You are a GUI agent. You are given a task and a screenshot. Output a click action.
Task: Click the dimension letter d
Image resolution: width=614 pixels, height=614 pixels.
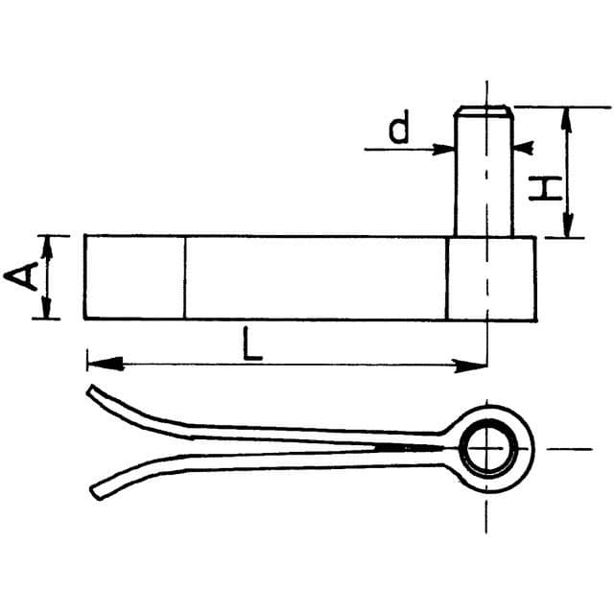click(399, 127)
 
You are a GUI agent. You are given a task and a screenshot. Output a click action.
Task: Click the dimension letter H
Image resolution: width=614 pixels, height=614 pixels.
click(545, 188)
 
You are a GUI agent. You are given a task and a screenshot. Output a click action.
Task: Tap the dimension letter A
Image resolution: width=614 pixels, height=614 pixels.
click(21, 276)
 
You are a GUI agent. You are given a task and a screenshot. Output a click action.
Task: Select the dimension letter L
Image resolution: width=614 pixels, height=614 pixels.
click(252, 344)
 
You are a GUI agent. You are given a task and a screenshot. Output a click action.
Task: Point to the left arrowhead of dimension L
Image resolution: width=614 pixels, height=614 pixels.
click(105, 363)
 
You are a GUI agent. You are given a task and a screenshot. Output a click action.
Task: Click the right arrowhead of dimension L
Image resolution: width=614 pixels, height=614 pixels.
click(470, 366)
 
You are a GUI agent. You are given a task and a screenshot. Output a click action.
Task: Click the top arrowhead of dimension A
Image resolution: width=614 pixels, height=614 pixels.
click(47, 248)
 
